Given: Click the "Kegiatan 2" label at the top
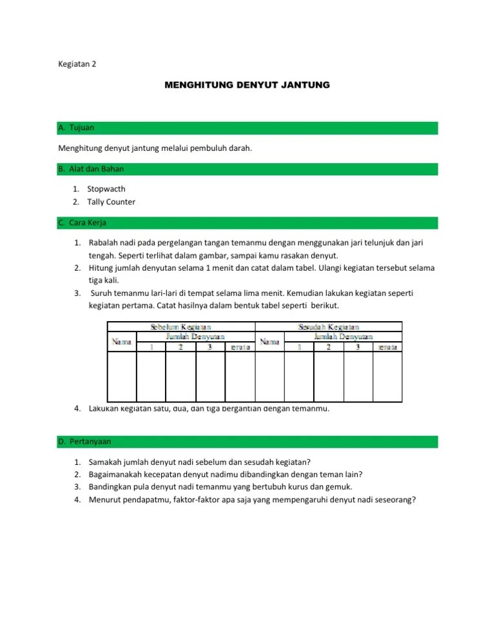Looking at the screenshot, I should (x=77, y=64).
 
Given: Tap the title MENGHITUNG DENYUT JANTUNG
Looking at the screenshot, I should (x=247, y=84).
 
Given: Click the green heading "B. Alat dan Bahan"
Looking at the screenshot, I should (x=92, y=169).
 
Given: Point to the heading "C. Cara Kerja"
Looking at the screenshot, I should (x=82, y=222).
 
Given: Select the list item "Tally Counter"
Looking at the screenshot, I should (x=112, y=202).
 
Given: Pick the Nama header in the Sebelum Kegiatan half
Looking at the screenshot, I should (x=121, y=341).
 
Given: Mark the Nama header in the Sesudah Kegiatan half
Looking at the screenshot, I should (x=269, y=342).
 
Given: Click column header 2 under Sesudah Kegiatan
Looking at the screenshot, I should (x=329, y=347).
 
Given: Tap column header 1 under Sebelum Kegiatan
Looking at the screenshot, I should (x=151, y=347).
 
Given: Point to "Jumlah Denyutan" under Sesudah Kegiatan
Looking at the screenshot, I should (x=343, y=336).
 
